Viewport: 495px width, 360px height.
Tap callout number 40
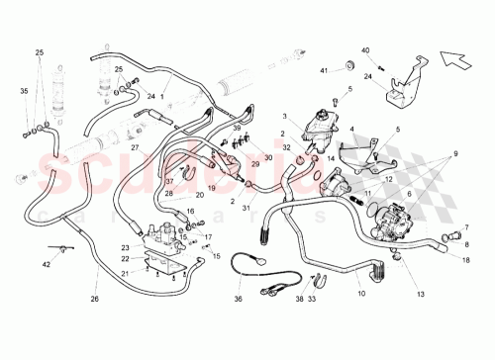(364, 49)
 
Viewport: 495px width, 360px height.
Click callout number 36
(237, 301)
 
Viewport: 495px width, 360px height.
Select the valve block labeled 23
(162, 242)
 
